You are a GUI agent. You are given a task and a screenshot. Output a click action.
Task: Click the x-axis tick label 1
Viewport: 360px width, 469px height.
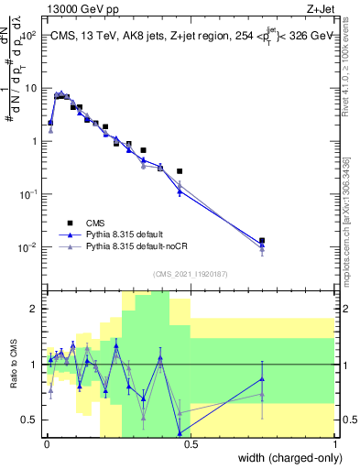point(336,443)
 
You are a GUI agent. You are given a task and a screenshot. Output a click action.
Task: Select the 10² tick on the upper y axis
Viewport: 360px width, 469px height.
point(29,36)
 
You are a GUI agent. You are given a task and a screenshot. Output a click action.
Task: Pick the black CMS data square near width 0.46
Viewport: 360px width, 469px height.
point(180,171)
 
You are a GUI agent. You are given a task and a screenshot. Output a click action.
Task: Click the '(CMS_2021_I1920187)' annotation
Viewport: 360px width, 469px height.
point(190,273)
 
